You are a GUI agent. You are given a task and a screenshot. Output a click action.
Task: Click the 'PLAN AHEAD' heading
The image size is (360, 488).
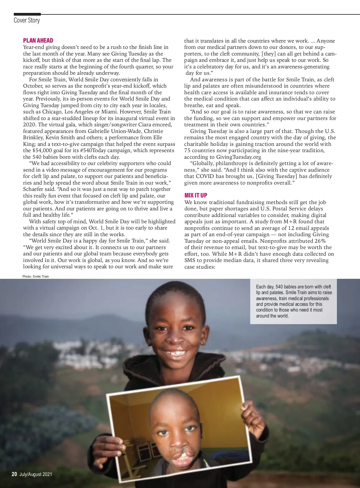[x=38, y=41]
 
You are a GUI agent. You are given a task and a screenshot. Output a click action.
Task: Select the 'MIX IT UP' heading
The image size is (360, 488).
[x=196, y=195]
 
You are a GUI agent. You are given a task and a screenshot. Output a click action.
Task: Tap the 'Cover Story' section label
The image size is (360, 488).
[x=27, y=20]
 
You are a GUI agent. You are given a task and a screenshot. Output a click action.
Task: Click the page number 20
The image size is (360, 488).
[x=14, y=474]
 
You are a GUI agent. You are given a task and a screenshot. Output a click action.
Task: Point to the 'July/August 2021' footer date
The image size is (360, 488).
[x=36, y=474]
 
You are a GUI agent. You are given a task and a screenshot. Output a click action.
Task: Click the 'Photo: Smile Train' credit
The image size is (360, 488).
[x=35, y=276]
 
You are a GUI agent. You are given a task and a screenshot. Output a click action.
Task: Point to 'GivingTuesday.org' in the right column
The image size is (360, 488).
[x=238, y=157]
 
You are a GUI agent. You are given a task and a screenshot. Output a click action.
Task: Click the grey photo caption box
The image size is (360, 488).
[x=293, y=301]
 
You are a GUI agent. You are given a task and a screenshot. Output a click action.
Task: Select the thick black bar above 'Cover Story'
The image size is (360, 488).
[x=27, y=14]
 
